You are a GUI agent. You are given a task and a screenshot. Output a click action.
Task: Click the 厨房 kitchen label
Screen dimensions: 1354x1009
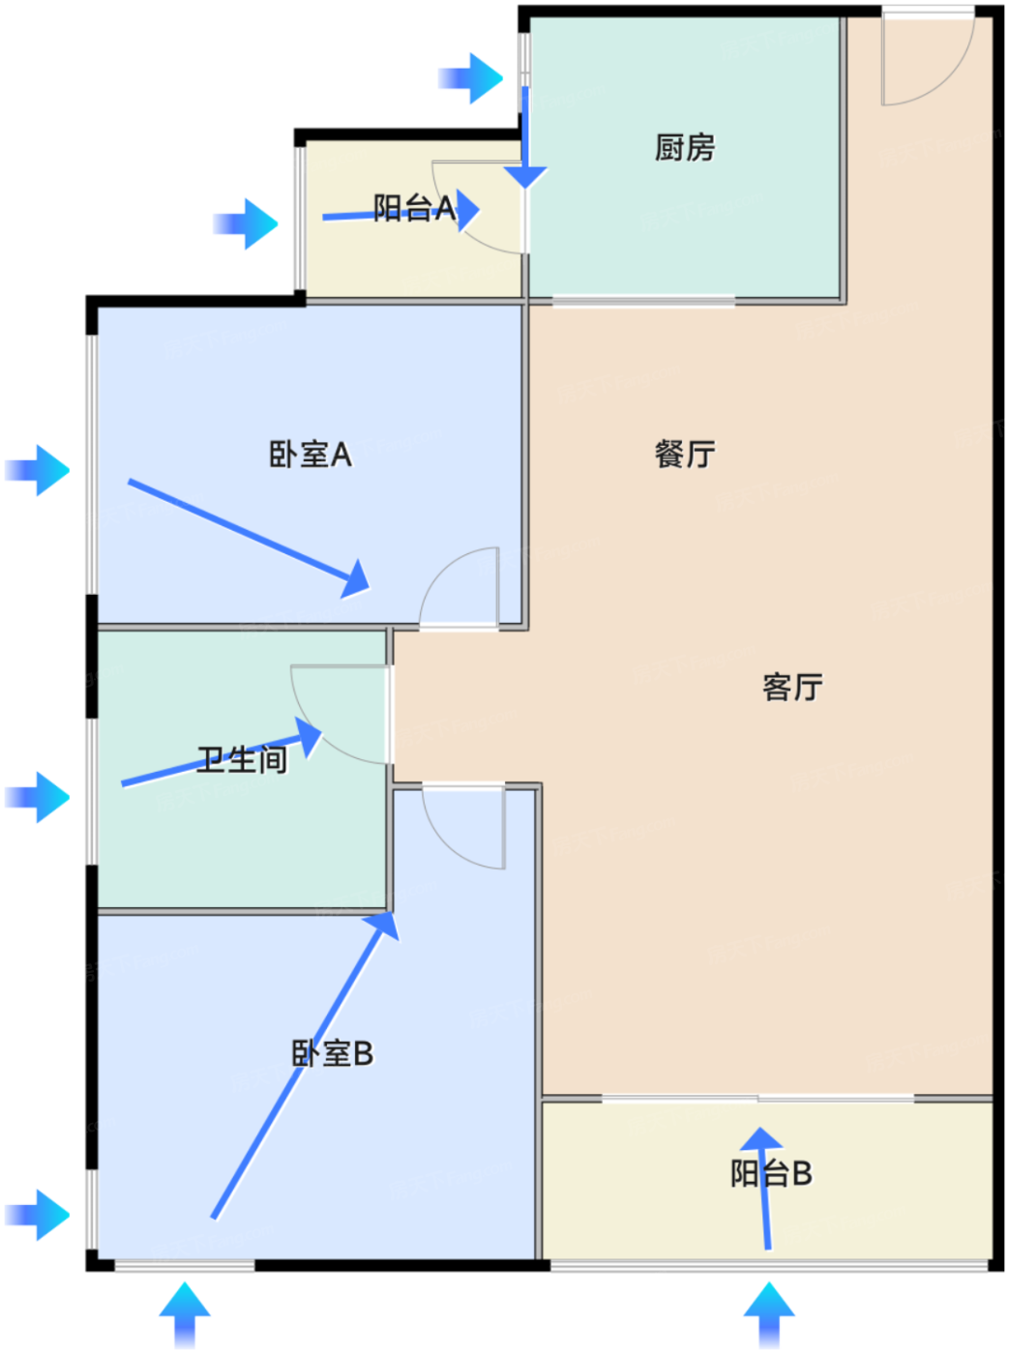(x=685, y=148)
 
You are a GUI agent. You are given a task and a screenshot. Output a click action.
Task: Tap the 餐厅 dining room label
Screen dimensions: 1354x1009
(x=685, y=454)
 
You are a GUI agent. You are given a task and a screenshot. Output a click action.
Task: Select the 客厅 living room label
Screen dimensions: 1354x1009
(x=792, y=688)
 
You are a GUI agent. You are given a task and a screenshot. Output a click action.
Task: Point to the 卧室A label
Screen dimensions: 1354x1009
(x=310, y=455)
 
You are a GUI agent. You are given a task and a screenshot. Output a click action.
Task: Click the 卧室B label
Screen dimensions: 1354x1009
(x=332, y=1053)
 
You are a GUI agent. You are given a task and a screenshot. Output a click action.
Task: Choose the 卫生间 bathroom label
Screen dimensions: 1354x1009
(x=242, y=760)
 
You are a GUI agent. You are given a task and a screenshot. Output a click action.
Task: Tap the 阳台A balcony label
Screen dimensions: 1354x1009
(x=414, y=208)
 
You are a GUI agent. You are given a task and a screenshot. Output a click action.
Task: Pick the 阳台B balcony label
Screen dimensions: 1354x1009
(x=771, y=1174)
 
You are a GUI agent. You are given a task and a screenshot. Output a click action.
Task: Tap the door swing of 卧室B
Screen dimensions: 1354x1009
(x=466, y=827)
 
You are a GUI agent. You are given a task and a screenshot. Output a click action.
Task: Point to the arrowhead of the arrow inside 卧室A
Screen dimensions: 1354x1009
(x=357, y=578)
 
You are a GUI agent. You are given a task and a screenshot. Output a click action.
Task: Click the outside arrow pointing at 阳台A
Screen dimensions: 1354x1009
(x=246, y=224)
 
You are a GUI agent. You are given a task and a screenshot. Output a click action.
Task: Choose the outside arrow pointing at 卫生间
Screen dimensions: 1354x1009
(x=39, y=797)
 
